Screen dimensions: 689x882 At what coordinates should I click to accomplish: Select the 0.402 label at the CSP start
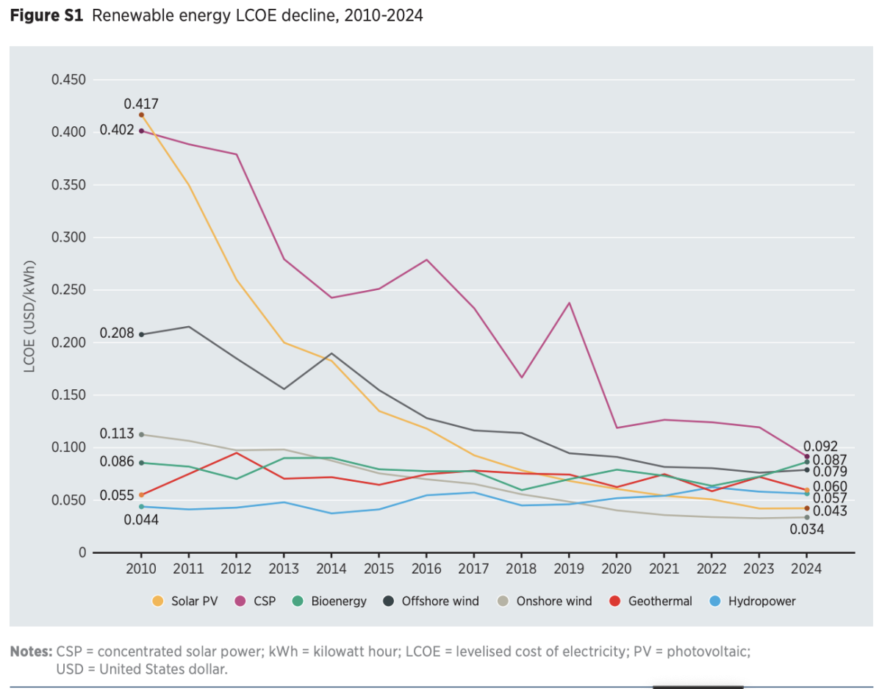coord(118,130)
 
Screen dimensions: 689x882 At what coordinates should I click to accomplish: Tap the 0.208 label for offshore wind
coord(118,333)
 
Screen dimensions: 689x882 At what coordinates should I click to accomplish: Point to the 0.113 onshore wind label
coord(118,433)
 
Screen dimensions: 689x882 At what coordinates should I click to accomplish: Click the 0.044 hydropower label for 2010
coord(142,519)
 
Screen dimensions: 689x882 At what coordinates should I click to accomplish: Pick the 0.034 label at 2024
coord(806,529)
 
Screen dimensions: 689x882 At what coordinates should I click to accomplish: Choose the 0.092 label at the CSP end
coord(820,446)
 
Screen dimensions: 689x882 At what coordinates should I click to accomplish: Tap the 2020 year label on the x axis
coord(616,569)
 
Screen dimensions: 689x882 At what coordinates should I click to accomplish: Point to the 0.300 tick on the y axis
coord(68,237)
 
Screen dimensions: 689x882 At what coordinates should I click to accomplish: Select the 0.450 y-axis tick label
coord(68,79)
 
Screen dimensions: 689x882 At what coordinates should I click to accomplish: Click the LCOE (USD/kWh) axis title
coord(30,317)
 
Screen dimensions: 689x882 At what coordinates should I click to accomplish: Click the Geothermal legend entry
coord(659,601)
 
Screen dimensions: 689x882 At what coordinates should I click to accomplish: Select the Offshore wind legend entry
coord(440,601)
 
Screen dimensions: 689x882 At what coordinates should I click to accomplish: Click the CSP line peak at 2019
coord(569,303)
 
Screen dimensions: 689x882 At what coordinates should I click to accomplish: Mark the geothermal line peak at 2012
coord(237,452)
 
